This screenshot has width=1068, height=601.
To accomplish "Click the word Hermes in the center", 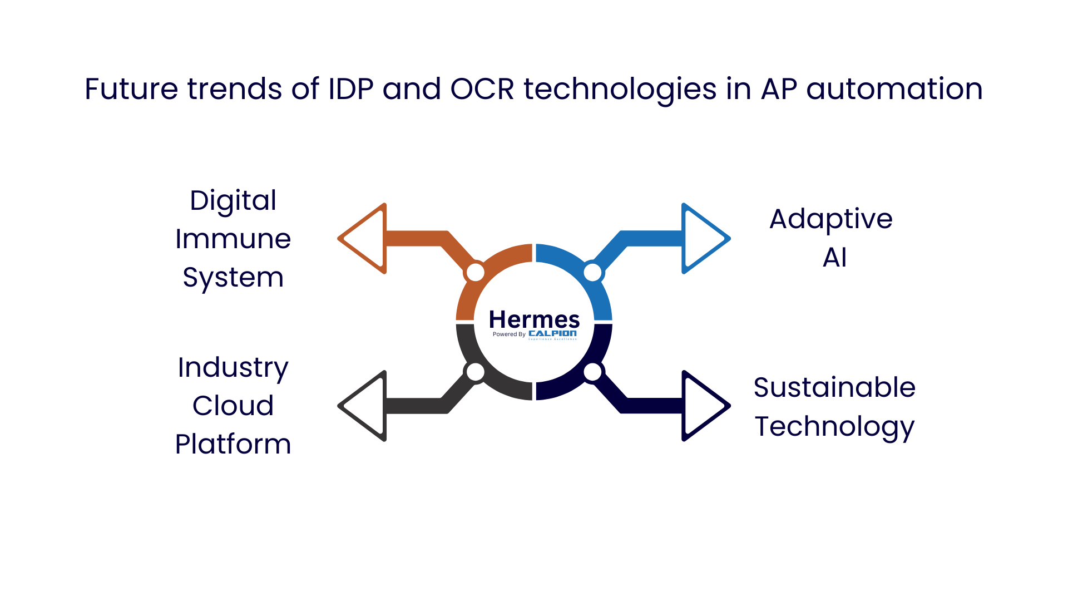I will pyautogui.click(x=534, y=319).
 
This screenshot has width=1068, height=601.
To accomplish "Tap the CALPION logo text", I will pyautogui.click(x=552, y=333).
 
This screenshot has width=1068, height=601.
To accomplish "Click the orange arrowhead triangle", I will pyautogui.click(x=364, y=239).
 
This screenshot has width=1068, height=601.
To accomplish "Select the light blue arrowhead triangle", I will pyautogui.click(x=704, y=239).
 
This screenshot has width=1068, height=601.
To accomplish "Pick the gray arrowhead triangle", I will pyautogui.click(x=364, y=406).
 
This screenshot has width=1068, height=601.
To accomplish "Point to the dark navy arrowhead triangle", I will pyautogui.click(x=704, y=406).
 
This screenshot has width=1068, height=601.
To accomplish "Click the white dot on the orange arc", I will pyautogui.click(x=475, y=273).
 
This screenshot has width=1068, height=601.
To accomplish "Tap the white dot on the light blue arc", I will pyautogui.click(x=592, y=273).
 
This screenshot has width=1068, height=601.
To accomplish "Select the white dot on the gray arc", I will pyautogui.click(x=475, y=372).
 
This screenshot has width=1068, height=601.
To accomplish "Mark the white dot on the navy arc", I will pyautogui.click(x=592, y=372).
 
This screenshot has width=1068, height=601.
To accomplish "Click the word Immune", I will pyautogui.click(x=233, y=239).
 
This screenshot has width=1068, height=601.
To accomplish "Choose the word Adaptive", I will pyautogui.click(x=831, y=219).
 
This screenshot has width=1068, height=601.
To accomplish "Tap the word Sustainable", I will pyautogui.click(x=834, y=387).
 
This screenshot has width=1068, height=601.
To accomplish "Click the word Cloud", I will pyautogui.click(x=233, y=406).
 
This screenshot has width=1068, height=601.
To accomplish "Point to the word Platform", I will pyautogui.click(x=233, y=444).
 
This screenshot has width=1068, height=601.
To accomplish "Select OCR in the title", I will pyautogui.click(x=482, y=89).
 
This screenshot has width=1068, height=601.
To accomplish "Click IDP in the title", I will pyautogui.click(x=351, y=89).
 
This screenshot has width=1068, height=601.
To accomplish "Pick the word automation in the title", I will pyautogui.click(x=894, y=89).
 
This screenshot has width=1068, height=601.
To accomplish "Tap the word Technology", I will pyautogui.click(x=834, y=427).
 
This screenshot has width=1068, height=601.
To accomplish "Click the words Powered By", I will pyautogui.click(x=509, y=334).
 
